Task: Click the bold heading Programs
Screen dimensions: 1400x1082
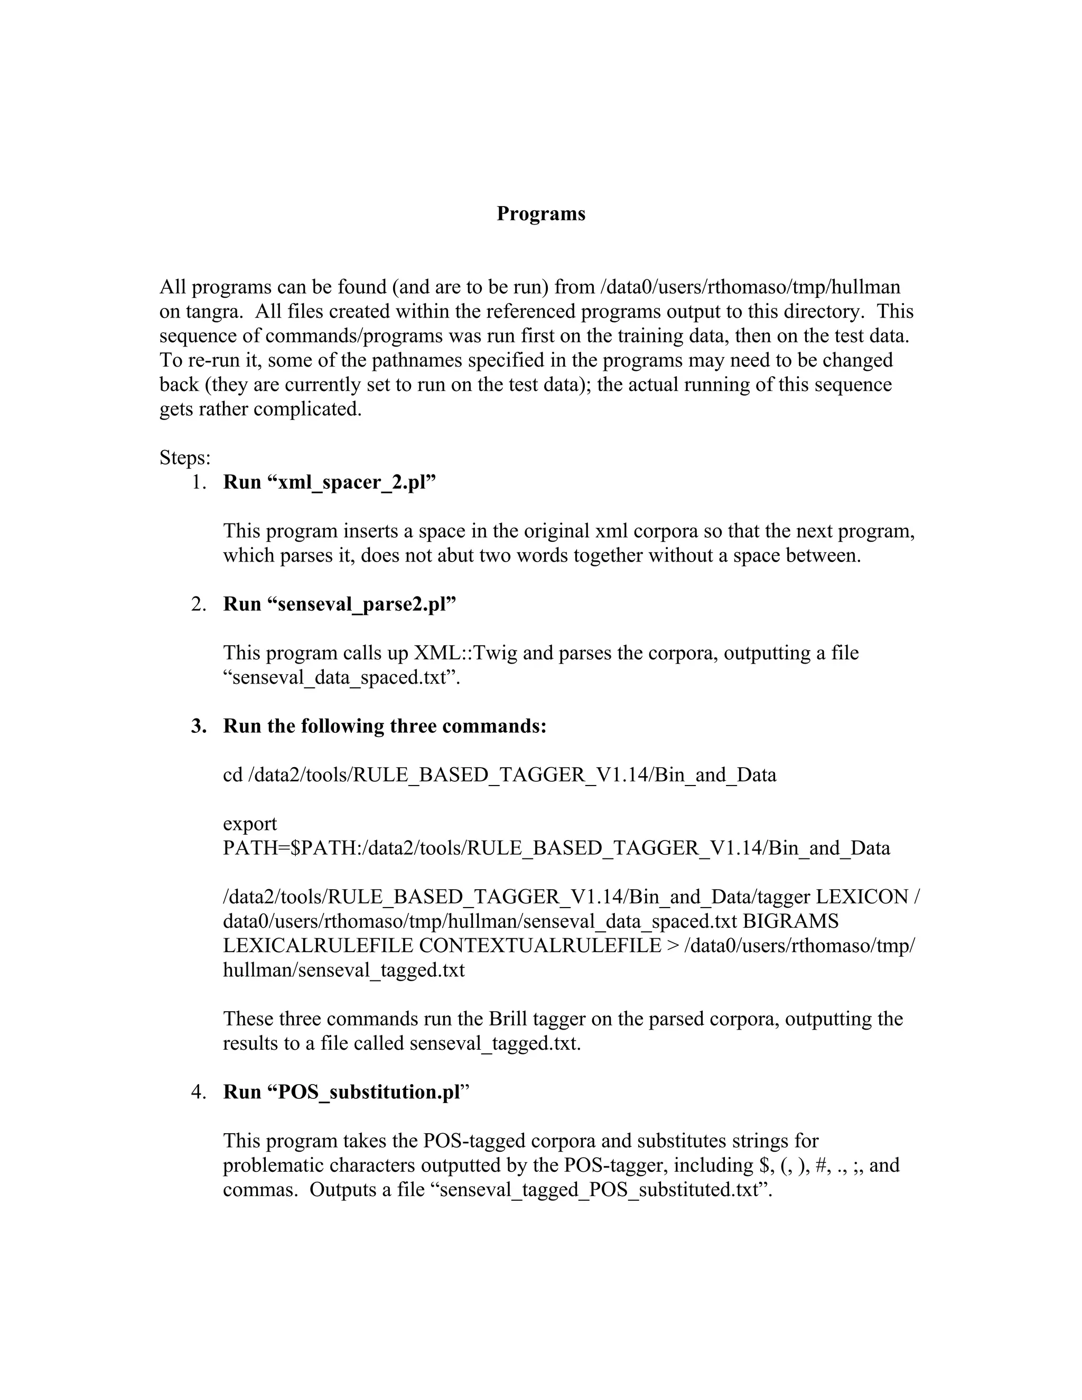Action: [x=540, y=213]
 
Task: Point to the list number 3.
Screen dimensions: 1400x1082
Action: [x=198, y=726]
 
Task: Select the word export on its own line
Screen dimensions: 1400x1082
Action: [x=249, y=824]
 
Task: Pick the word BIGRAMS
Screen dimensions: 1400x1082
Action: [x=790, y=921]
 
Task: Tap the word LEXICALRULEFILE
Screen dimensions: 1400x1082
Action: [x=318, y=946]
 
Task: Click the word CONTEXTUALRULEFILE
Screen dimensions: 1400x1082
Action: [x=540, y=946]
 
